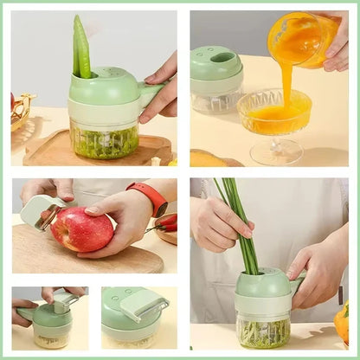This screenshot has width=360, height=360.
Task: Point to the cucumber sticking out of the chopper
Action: click(81, 48)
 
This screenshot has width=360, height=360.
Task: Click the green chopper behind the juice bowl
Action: click(216, 80)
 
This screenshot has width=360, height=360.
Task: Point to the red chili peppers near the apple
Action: click(166, 222)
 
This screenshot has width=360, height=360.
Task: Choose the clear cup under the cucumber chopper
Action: click(103, 140)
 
